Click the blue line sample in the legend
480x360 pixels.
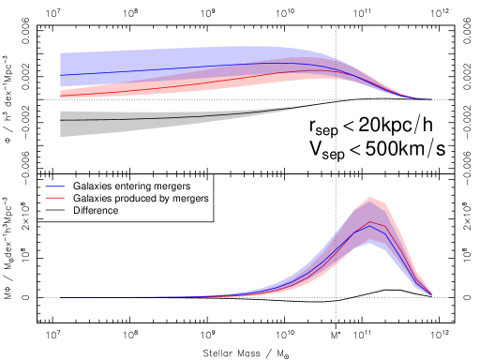click(54, 186)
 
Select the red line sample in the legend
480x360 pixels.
click(54, 198)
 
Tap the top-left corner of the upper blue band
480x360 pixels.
click(61, 52)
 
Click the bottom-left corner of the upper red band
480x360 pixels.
click(61, 97)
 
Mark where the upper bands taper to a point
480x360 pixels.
click(431, 98)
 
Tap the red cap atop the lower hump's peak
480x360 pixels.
click(372, 200)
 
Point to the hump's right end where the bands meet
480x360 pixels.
click(431, 294)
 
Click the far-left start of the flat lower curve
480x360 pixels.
click(62, 297)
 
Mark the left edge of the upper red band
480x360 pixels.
click(61, 93)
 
